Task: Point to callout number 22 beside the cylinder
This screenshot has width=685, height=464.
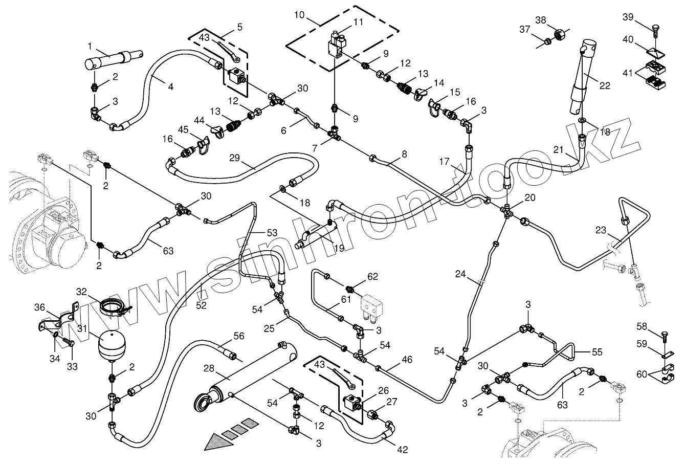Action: [x=605, y=85]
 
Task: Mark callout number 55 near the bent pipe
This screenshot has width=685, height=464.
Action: [x=596, y=352]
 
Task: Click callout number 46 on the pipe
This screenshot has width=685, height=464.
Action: [x=407, y=360]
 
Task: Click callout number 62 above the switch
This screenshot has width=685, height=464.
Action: [x=372, y=277]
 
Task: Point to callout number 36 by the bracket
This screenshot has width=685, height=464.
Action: [x=40, y=307]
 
